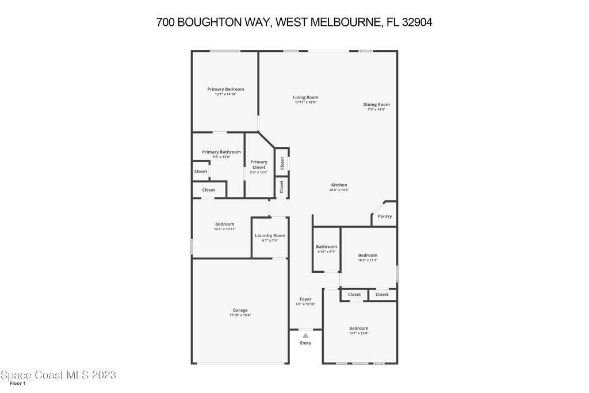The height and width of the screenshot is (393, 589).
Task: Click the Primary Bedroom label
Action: click(225, 89)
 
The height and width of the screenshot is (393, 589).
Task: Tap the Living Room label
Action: click(305, 97)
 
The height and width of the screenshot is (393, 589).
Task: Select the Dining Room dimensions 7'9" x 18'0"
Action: click(376, 109)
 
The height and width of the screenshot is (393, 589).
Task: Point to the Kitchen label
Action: click(339, 185)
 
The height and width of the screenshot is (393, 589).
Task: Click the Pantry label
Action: click(385, 216)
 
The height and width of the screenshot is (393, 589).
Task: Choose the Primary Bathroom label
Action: click(221, 152)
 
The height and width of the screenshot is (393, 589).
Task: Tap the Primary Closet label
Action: click(259, 165)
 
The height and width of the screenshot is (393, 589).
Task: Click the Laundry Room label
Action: click(270, 235)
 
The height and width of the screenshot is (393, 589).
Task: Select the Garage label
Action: click(240, 310)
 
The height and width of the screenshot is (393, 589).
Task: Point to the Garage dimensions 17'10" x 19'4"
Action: click(240, 315)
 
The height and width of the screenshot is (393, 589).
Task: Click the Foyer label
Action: click(305, 299)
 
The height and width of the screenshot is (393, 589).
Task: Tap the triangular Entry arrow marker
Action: click(306, 335)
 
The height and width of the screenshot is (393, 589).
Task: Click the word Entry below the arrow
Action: click(305, 343)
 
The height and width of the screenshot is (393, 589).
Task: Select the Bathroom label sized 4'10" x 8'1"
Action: click(327, 247)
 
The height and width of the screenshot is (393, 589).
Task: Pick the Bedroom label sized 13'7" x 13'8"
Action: click(359, 328)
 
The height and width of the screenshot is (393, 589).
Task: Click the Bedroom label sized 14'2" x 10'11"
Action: click(225, 224)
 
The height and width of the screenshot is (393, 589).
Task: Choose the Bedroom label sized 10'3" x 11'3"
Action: click(368, 255)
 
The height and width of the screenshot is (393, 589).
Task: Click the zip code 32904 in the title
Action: click(417, 22)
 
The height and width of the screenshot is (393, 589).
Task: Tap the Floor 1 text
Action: click(18, 383)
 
